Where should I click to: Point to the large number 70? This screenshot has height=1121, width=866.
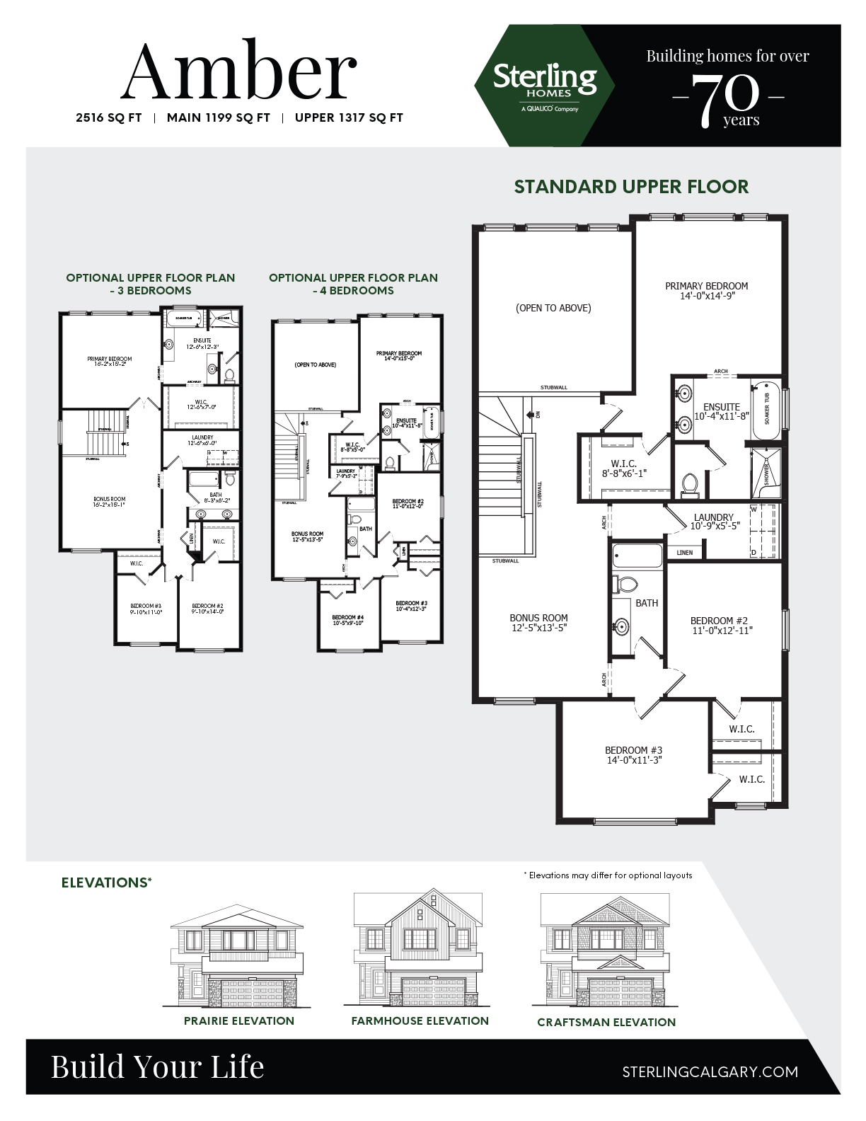727,99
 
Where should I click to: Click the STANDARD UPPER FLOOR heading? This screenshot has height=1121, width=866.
631,187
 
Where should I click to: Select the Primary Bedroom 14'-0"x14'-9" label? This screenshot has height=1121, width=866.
706,291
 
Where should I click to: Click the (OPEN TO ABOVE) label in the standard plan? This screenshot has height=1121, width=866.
553,308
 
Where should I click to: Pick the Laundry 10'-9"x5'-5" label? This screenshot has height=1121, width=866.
713,522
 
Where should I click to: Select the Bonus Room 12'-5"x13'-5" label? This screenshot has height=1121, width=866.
538,622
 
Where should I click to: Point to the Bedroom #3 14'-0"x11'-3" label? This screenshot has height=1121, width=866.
633,755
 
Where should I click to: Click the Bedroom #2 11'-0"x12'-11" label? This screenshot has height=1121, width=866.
721,625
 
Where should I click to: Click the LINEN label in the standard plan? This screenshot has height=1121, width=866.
685,552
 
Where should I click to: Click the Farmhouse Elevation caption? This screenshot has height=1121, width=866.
420,1021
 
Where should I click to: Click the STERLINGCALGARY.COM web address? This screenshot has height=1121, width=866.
710,1071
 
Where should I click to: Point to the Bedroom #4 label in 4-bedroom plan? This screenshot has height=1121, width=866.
347,619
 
